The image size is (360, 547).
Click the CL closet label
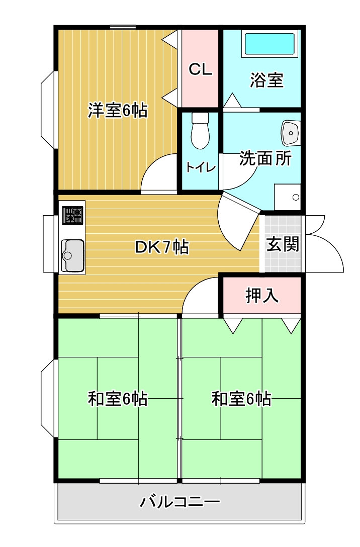tap(200, 69)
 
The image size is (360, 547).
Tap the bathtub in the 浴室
tap(269, 44)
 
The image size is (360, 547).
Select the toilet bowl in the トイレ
tap(200, 131)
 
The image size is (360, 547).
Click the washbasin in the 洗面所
tap(291, 133)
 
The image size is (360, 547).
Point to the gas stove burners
tap(73, 215)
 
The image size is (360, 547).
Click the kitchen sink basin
tap(72, 256)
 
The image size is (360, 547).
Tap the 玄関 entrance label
tap(283, 244)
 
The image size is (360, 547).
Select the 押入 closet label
tap(262, 296)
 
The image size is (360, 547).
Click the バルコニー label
tap(180, 502)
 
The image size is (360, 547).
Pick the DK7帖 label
tap(162, 247)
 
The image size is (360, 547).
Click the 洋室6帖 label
tap(118, 110)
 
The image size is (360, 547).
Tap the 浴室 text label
tap(266, 80)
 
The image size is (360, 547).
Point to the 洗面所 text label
tap(265, 158)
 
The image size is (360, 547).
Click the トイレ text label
tap(201, 167)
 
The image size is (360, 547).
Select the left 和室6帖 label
tap(118, 399)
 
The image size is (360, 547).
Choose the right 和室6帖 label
tap(241, 399)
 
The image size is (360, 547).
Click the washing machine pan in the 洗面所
tap(288, 197)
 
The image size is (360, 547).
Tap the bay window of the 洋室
tap(49, 110)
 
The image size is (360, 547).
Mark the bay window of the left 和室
tap(49, 398)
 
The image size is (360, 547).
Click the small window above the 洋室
tap(123, 27)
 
